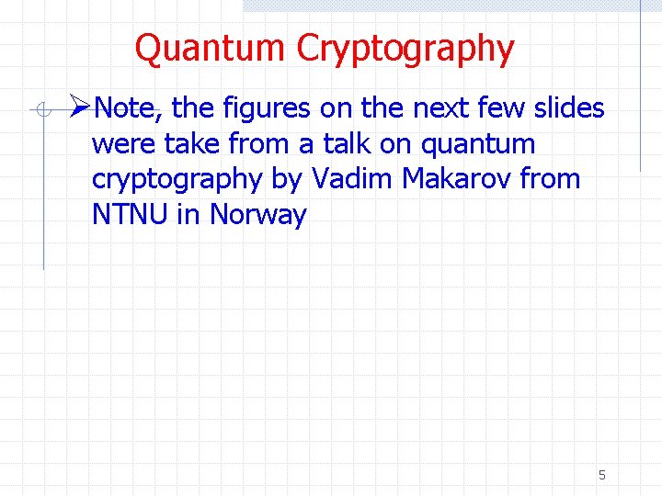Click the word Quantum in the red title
click(211, 48)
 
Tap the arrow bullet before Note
click(79, 108)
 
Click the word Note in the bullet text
click(127, 109)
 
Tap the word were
click(124, 144)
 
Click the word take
click(192, 144)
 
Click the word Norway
click(258, 216)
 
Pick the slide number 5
click(601, 475)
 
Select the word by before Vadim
click(288, 180)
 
